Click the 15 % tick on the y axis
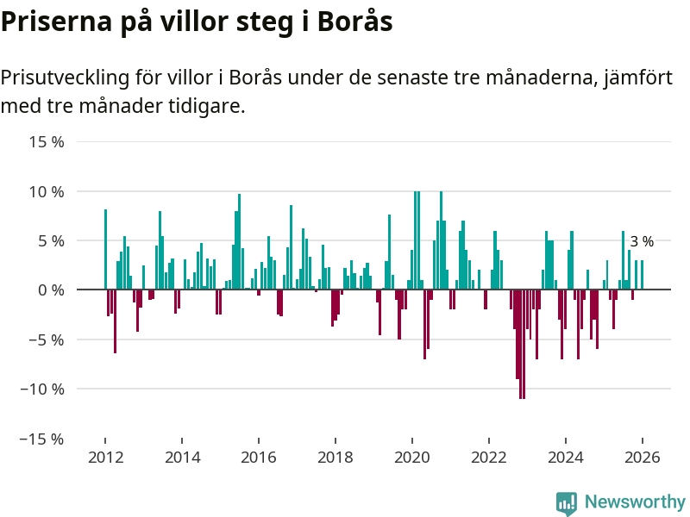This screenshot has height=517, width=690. [47, 141]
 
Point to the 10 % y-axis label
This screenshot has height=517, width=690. [47, 191]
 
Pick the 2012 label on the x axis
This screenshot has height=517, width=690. [104, 458]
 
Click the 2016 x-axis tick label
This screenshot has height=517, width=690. [258, 458]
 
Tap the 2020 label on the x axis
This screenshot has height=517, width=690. [412, 458]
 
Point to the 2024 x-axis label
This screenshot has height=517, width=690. [566, 458]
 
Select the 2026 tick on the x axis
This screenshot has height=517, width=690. [643, 458]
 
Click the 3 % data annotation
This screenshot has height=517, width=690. [642, 242]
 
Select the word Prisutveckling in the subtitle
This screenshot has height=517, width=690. [63, 78]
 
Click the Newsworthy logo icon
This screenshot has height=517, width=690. [567, 503]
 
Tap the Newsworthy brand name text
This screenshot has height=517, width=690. [635, 501]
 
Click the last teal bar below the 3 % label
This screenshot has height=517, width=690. [642, 275]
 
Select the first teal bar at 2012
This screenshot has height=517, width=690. [105, 250]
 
